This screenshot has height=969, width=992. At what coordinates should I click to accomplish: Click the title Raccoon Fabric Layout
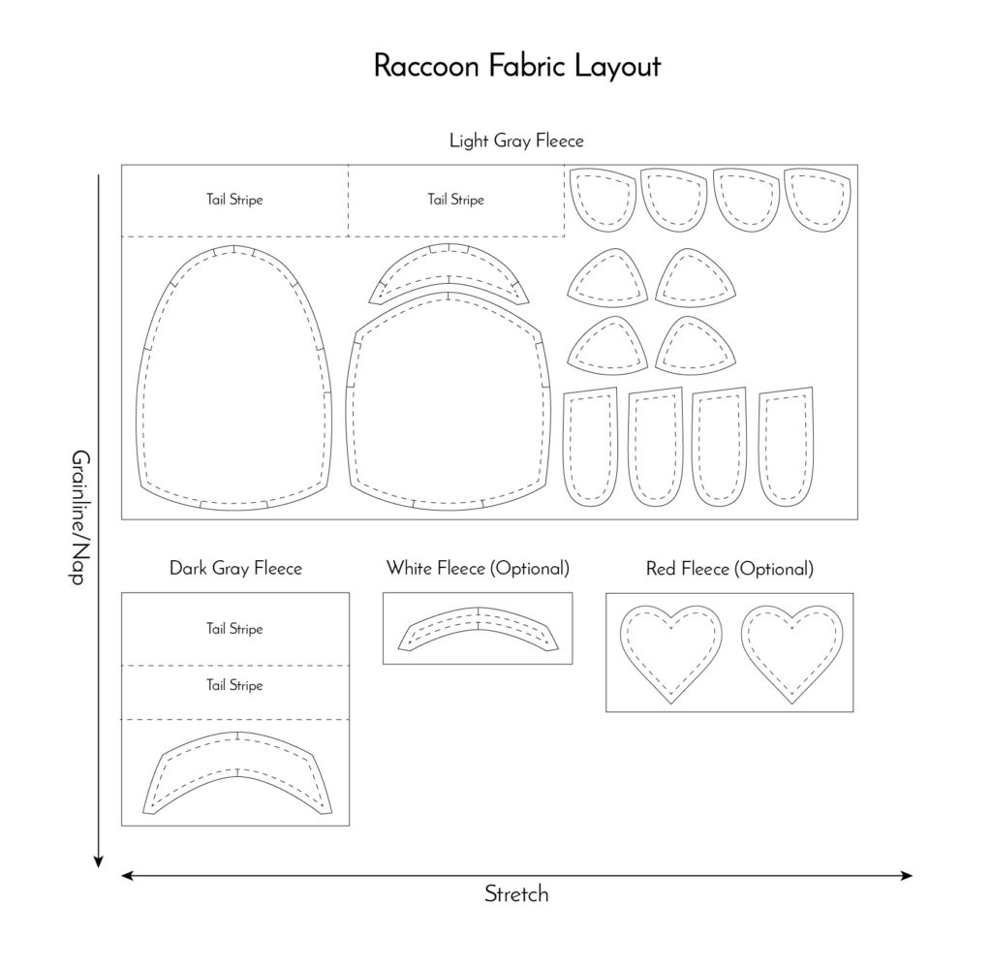pyautogui.click(x=516, y=67)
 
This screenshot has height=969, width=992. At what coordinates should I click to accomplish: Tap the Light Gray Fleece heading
pyautogui.click(x=516, y=141)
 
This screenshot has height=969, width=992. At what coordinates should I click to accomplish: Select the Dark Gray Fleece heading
pyautogui.click(x=235, y=569)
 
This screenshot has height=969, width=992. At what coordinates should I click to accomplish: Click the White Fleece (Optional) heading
pyautogui.click(x=478, y=568)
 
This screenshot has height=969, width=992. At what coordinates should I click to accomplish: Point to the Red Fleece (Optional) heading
pyautogui.click(x=729, y=569)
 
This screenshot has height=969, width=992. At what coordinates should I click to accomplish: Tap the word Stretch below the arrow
pyautogui.click(x=516, y=894)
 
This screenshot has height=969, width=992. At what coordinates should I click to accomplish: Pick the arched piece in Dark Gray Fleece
pyautogui.click(x=236, y=770)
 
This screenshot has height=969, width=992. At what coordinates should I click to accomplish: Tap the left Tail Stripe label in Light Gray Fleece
pyautogui.click(x=234, y=201)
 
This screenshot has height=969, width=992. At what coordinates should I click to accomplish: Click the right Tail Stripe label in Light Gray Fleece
pyautogui.click(x=455, y=201)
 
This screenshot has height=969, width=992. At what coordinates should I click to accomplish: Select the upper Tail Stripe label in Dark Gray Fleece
pyautogui.click(x=234, y=629)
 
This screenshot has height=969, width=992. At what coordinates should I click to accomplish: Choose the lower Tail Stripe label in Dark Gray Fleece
pyautogui.click(x=234, y=686)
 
